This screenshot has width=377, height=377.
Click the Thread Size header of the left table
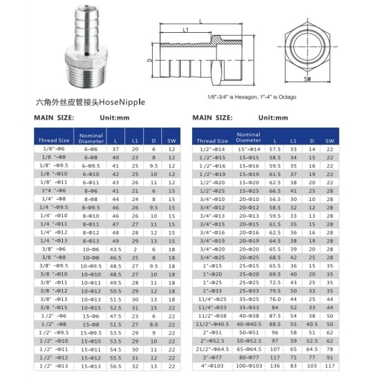pyautogui.click(x=53, y=140)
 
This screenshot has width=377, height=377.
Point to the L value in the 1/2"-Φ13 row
pyautogui.click(x=115, y=365)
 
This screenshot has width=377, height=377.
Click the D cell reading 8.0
pyautogui.click(x=153, y=325)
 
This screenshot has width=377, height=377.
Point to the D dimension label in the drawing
pyautogui.click(x=150, y=61)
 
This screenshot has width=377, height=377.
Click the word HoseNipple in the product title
pyautogui.click(x=123, y=101)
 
